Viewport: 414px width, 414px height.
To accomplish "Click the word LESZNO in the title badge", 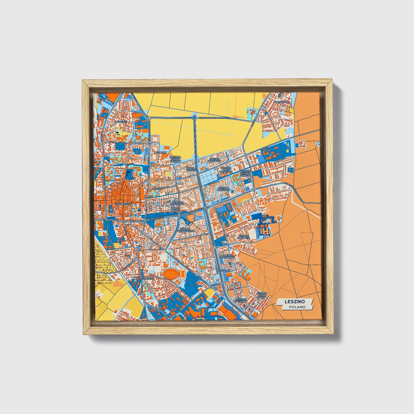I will tap(295, 301).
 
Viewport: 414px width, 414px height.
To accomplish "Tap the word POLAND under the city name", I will tap(297, 307).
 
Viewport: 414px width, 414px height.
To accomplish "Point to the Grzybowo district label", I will tap(282, 102).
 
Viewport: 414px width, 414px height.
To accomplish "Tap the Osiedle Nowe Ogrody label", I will tap(175, 159).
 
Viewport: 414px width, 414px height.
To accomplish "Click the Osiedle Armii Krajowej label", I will tap(225, 170).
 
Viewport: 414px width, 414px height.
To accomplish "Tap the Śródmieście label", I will tap(123, 204).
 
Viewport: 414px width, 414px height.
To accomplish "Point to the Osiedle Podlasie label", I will tap(244, 238).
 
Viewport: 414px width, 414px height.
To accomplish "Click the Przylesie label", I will tap(223, 270).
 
